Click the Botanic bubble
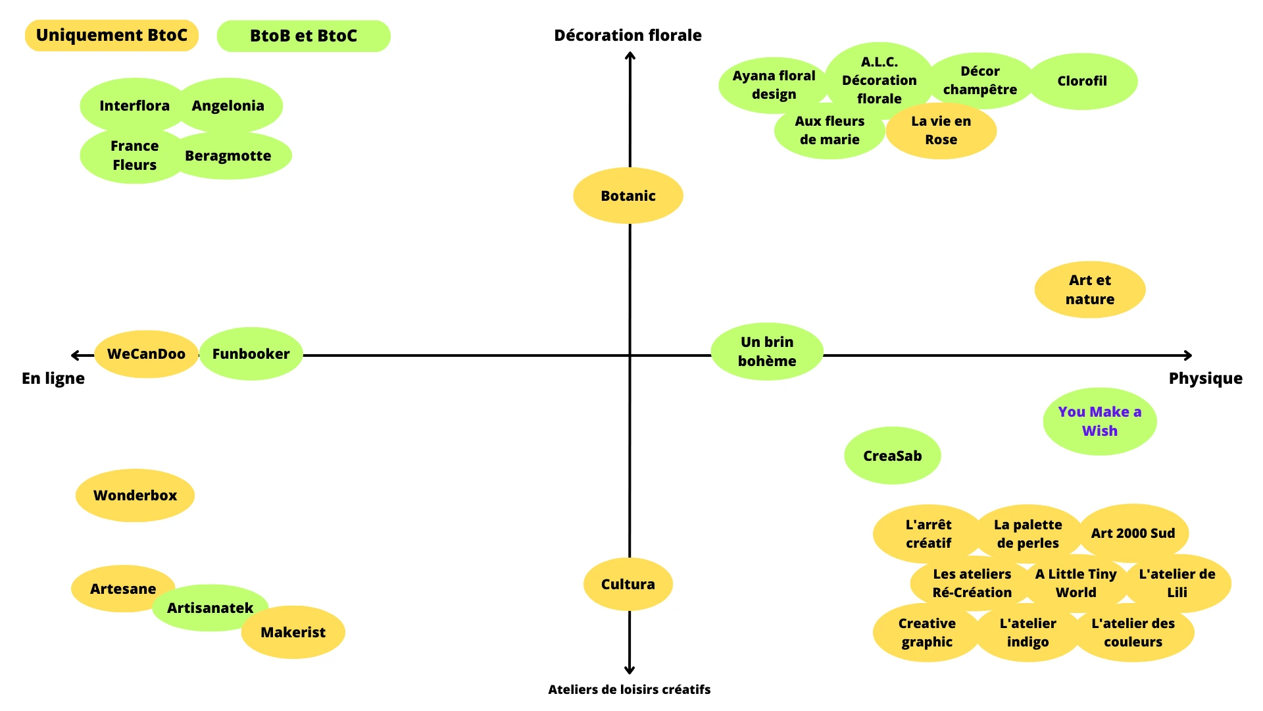(x=628, y=196)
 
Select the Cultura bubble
(x=628, y=584)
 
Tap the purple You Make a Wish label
(x=1099, y=421)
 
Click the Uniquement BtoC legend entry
(x=111, y=36)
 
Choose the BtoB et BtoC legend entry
(x=303, y=36)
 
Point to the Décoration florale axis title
(x=628, y=36)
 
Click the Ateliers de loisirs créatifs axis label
(x=629, y=689)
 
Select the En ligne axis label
(x=53, y=379)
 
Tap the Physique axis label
(x=1205, y=379)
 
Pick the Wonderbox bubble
(x=135, y=495)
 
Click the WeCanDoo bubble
(x=146, y=354)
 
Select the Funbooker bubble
(x=251, y=354)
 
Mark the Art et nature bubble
(x=1089, y=290)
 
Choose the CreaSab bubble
(x=892, y=456)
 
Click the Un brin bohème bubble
(x=767, y=352)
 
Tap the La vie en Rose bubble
(x=941, y=130)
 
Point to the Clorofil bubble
(x=1082, y=81)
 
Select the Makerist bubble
(x=293, y=632)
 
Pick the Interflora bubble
(x=134, y=105)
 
